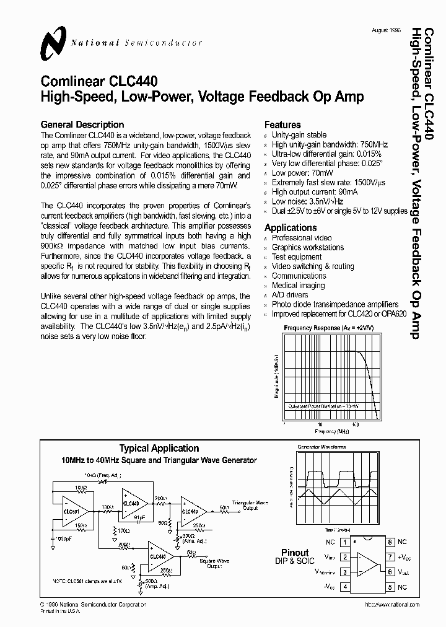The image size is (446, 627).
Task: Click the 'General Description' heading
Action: [x=82, y=125]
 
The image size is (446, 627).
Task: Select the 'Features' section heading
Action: [x=282, y=125]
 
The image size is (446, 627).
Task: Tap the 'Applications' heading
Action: [x=291, y=227]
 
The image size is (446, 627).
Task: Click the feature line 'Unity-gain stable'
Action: [x=299, y=135]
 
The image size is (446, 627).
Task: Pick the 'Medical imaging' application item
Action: [x=299, y=286]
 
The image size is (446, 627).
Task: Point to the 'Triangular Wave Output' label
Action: [x=250, y=505]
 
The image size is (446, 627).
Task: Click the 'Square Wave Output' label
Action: [x=214, y=563]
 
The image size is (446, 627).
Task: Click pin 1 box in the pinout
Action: [x=346, y=542]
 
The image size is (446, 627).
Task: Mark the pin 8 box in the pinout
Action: [x=390, y=542]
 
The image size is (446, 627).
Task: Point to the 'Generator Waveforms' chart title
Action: [x=321, y=446]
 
